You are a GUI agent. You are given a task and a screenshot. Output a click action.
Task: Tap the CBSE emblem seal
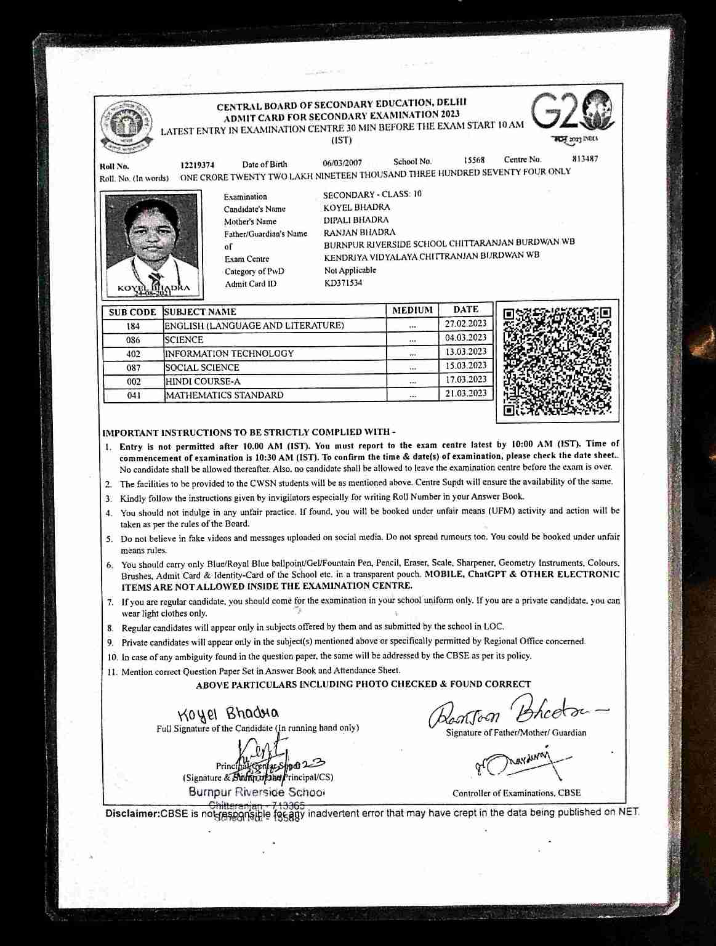click(127, 128)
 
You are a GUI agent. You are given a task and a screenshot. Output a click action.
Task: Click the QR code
click(557, 362)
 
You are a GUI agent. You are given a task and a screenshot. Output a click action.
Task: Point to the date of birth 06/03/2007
click(342, 163)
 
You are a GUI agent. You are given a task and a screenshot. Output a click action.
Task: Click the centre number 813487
click(584, 158)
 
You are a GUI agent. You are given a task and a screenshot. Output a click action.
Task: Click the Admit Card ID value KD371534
click(343, 283)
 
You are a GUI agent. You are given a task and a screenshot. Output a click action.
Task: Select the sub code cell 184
click(133, 326)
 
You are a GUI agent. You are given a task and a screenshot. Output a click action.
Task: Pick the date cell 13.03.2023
click(465, 352)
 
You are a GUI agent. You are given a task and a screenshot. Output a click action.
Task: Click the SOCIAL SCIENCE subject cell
click(202, 368)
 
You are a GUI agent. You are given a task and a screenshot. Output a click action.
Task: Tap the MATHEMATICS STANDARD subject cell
click(224, 395)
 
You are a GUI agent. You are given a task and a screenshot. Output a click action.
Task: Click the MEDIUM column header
click(412, 310)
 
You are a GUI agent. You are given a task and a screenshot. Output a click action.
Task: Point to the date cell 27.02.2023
click(465, 323)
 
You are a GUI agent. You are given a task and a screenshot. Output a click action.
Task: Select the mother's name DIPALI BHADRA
click(356, 220)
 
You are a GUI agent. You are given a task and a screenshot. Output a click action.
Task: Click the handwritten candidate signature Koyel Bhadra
click(228, 713)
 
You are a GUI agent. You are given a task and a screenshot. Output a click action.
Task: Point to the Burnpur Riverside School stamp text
click(256, 792)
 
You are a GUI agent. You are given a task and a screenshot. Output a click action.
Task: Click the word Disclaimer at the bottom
click(132, 814)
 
